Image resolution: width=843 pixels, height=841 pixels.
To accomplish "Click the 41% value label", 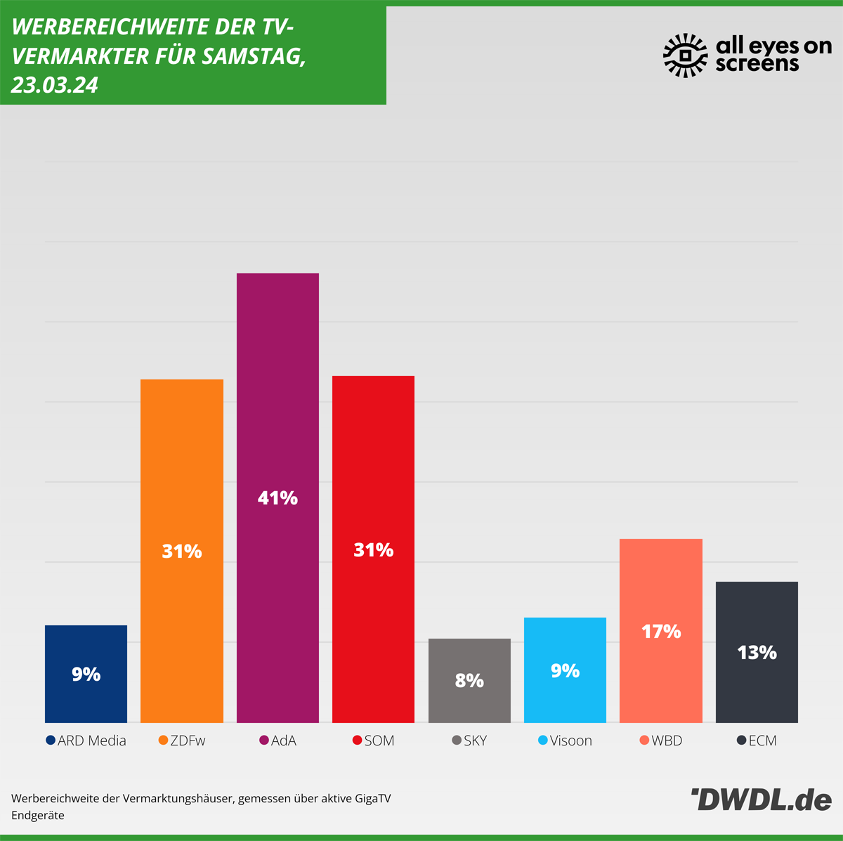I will (x=277, y=498).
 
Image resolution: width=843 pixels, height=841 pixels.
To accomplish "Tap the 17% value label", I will (x=661, y=632).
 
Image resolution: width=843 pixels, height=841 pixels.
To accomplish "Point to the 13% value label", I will (x=757, y=653).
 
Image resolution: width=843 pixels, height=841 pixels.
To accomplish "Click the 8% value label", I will (x=469, y=680).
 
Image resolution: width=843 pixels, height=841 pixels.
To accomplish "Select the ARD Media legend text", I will (x=92, y=741).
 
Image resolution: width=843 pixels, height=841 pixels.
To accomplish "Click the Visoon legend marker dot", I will (x=542, y=741).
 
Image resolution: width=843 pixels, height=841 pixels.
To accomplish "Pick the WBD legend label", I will (x=667, y=741).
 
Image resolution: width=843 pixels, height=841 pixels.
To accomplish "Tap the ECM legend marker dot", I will (x=741, y=741).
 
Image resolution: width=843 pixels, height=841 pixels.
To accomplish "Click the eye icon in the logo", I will (x=686, y=55).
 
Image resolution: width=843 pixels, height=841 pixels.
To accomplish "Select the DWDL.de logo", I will (x=762, y=800).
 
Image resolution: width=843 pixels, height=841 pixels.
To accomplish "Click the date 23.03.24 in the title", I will (x=54, y=85).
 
